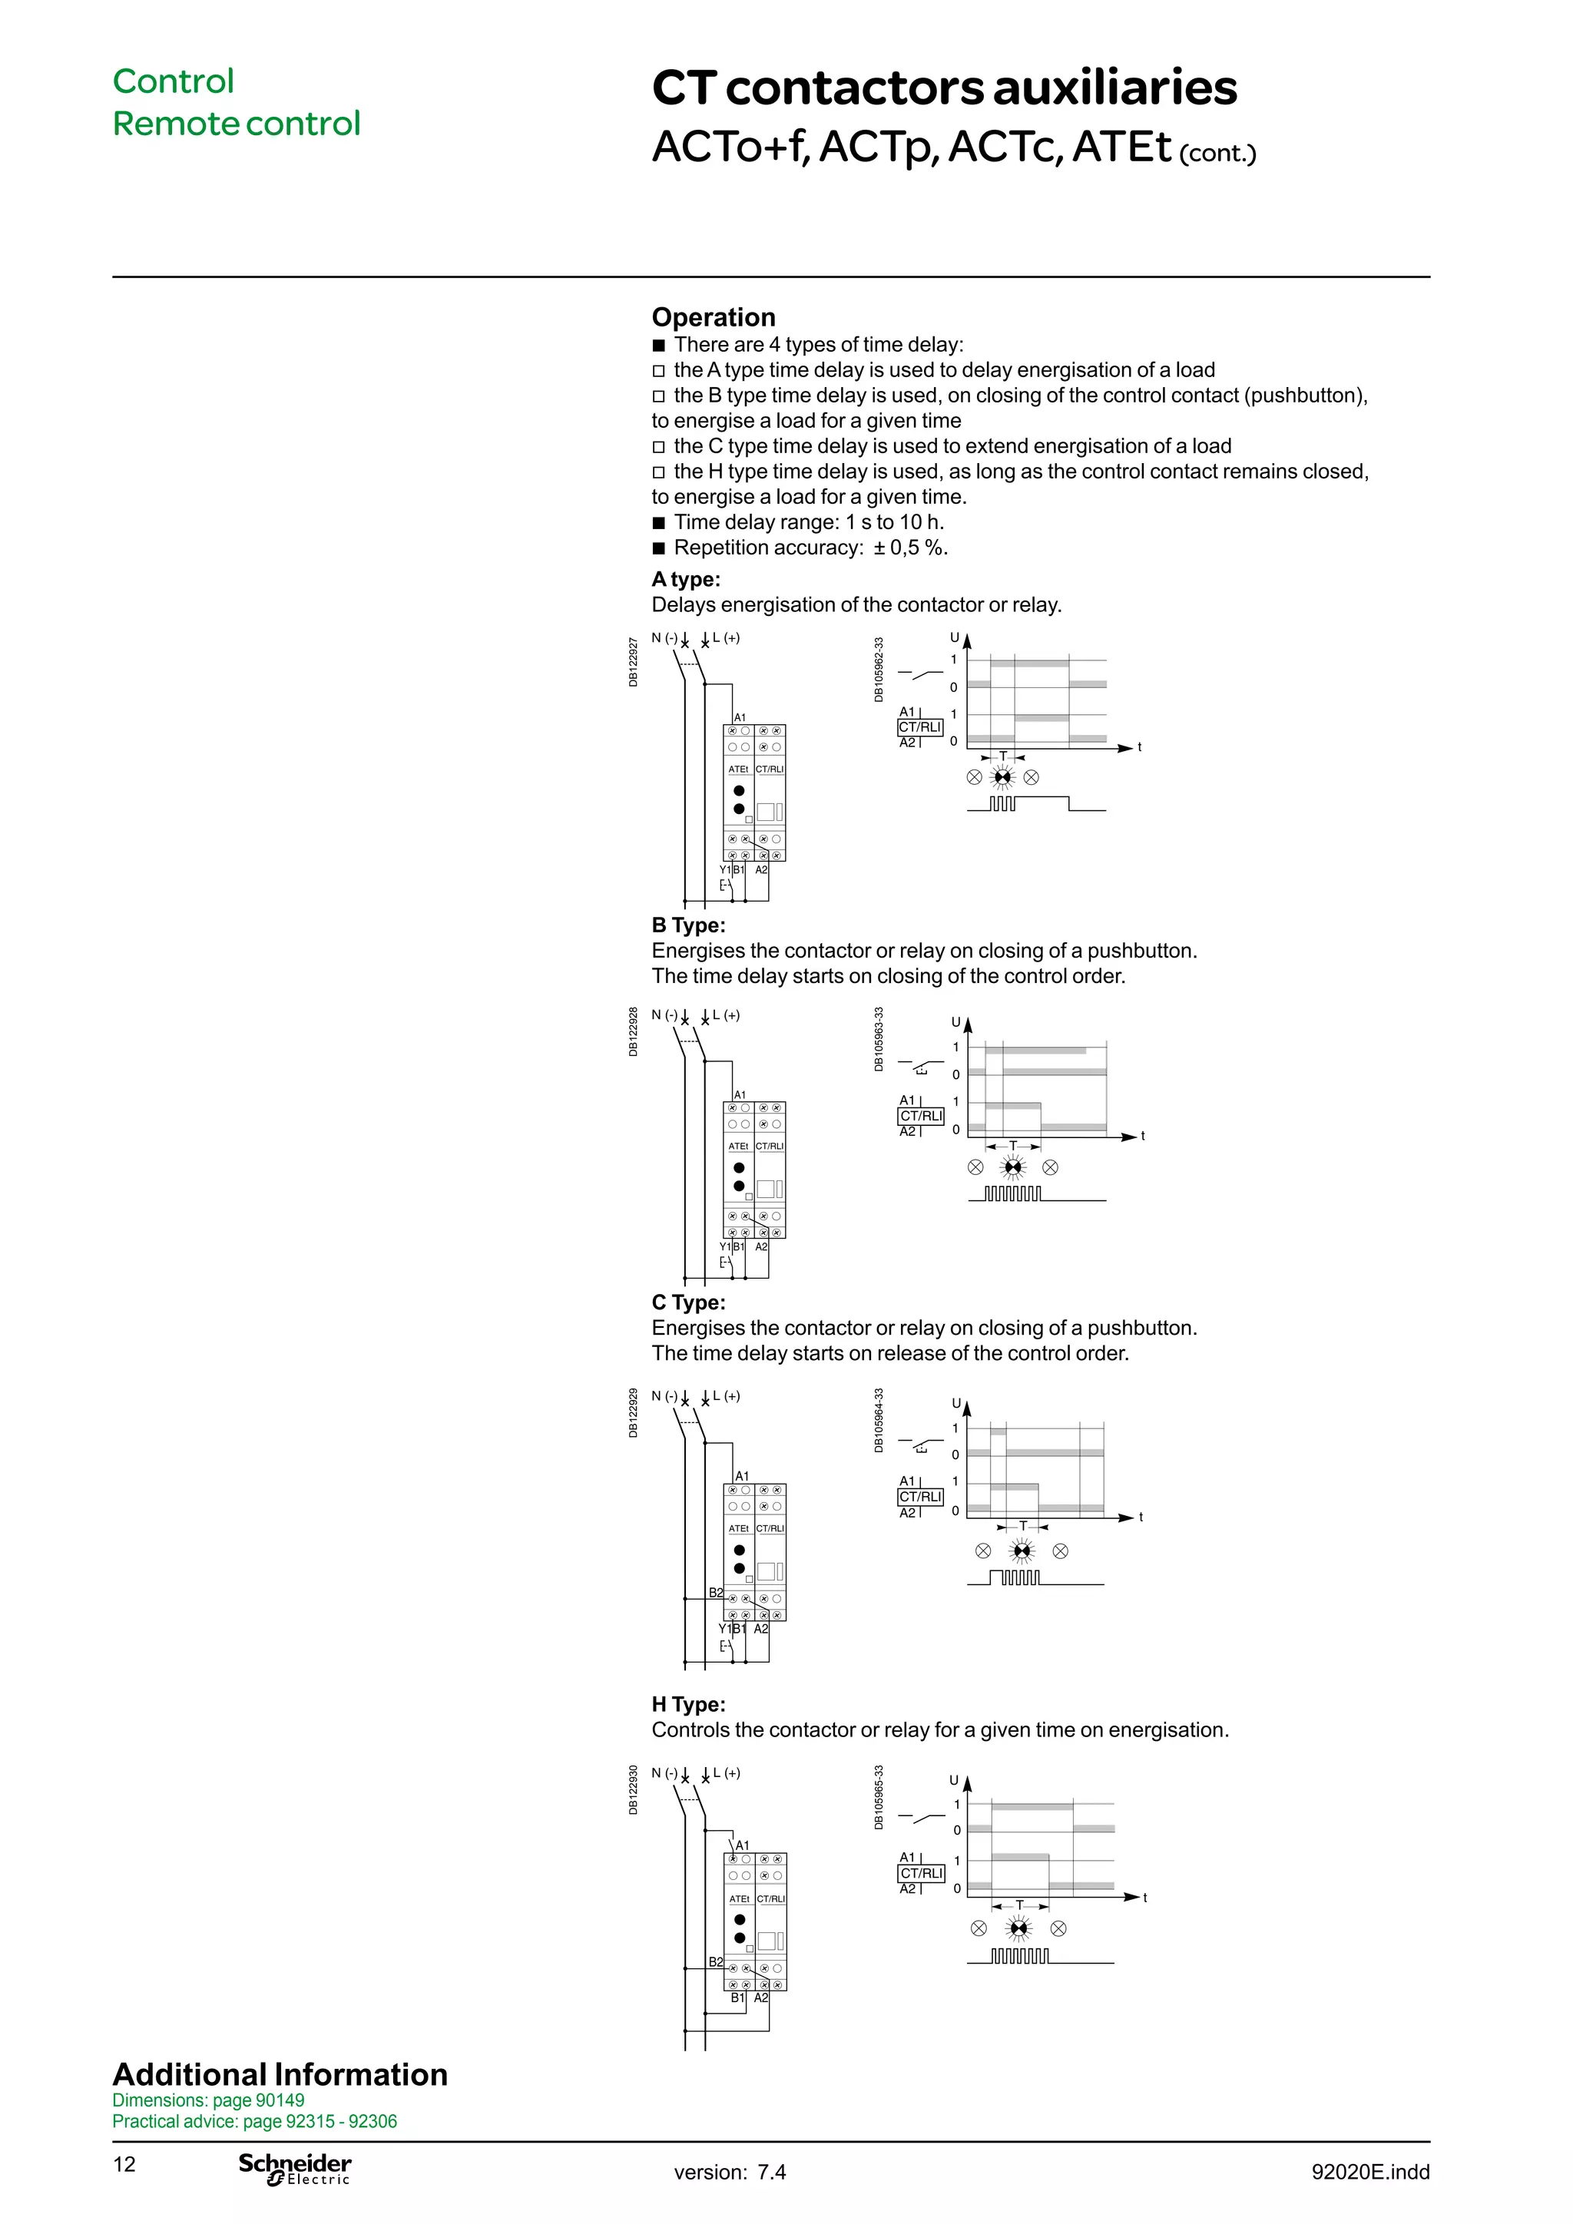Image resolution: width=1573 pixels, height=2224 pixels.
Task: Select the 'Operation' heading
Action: coord(713,318)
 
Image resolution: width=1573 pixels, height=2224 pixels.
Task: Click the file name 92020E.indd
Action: coord(1369,2172)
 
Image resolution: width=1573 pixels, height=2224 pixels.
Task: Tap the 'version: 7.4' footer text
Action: coord(730,2172)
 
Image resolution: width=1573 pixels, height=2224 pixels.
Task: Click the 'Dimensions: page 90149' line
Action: coord(208,2100)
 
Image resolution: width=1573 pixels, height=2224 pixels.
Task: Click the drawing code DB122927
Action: coord(634,663)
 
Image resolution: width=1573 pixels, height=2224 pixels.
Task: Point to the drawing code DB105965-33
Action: coord(879,1797)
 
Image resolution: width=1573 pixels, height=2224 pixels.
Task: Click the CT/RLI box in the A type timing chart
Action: coord(919,727)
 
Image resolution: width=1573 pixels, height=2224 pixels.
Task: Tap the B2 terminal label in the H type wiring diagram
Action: coord(715,1961)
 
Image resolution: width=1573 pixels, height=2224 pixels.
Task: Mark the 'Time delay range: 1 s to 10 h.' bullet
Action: coord(808,522)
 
